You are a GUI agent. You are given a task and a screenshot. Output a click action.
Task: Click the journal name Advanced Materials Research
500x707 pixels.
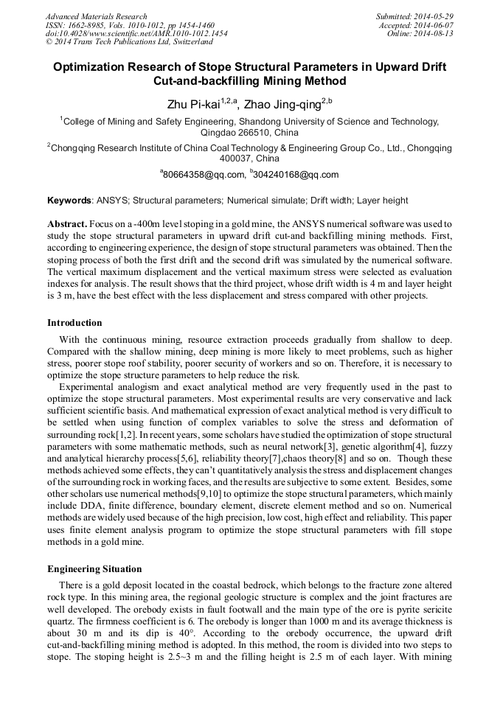[97, 16]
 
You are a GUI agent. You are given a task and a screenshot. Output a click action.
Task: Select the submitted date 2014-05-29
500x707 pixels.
[435, 16]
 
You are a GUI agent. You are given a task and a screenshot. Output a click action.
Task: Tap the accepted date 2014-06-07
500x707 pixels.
[436, 25]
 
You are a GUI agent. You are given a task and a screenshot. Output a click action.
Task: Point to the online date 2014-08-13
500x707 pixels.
[436, 34]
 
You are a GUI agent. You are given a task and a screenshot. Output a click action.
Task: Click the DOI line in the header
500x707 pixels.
[136, 34]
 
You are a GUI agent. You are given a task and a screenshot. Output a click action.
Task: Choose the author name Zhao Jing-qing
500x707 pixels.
[287, 102]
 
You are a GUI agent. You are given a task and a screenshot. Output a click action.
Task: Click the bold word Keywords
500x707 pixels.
[69, 201]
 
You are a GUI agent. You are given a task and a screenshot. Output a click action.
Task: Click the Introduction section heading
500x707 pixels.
[74, 323]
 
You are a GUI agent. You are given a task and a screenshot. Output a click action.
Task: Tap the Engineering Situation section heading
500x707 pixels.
[95, 568]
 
